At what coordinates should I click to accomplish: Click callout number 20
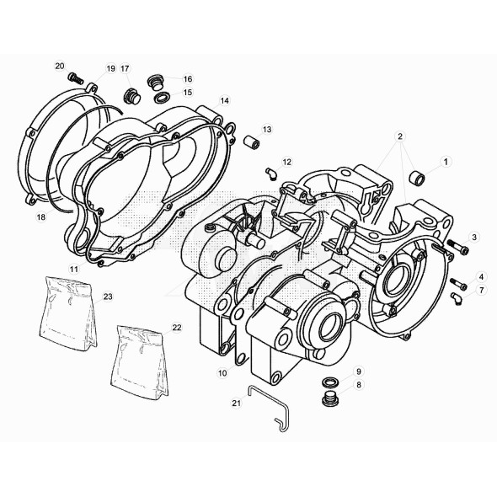59,65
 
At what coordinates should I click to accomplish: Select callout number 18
40,216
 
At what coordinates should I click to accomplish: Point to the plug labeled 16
155,83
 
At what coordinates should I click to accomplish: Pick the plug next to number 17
131,94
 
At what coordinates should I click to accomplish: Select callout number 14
225,100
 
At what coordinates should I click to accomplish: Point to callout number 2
400,136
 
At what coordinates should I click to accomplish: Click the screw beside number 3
455,247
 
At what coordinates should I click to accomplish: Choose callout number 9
358,371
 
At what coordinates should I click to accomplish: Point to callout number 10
222,371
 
